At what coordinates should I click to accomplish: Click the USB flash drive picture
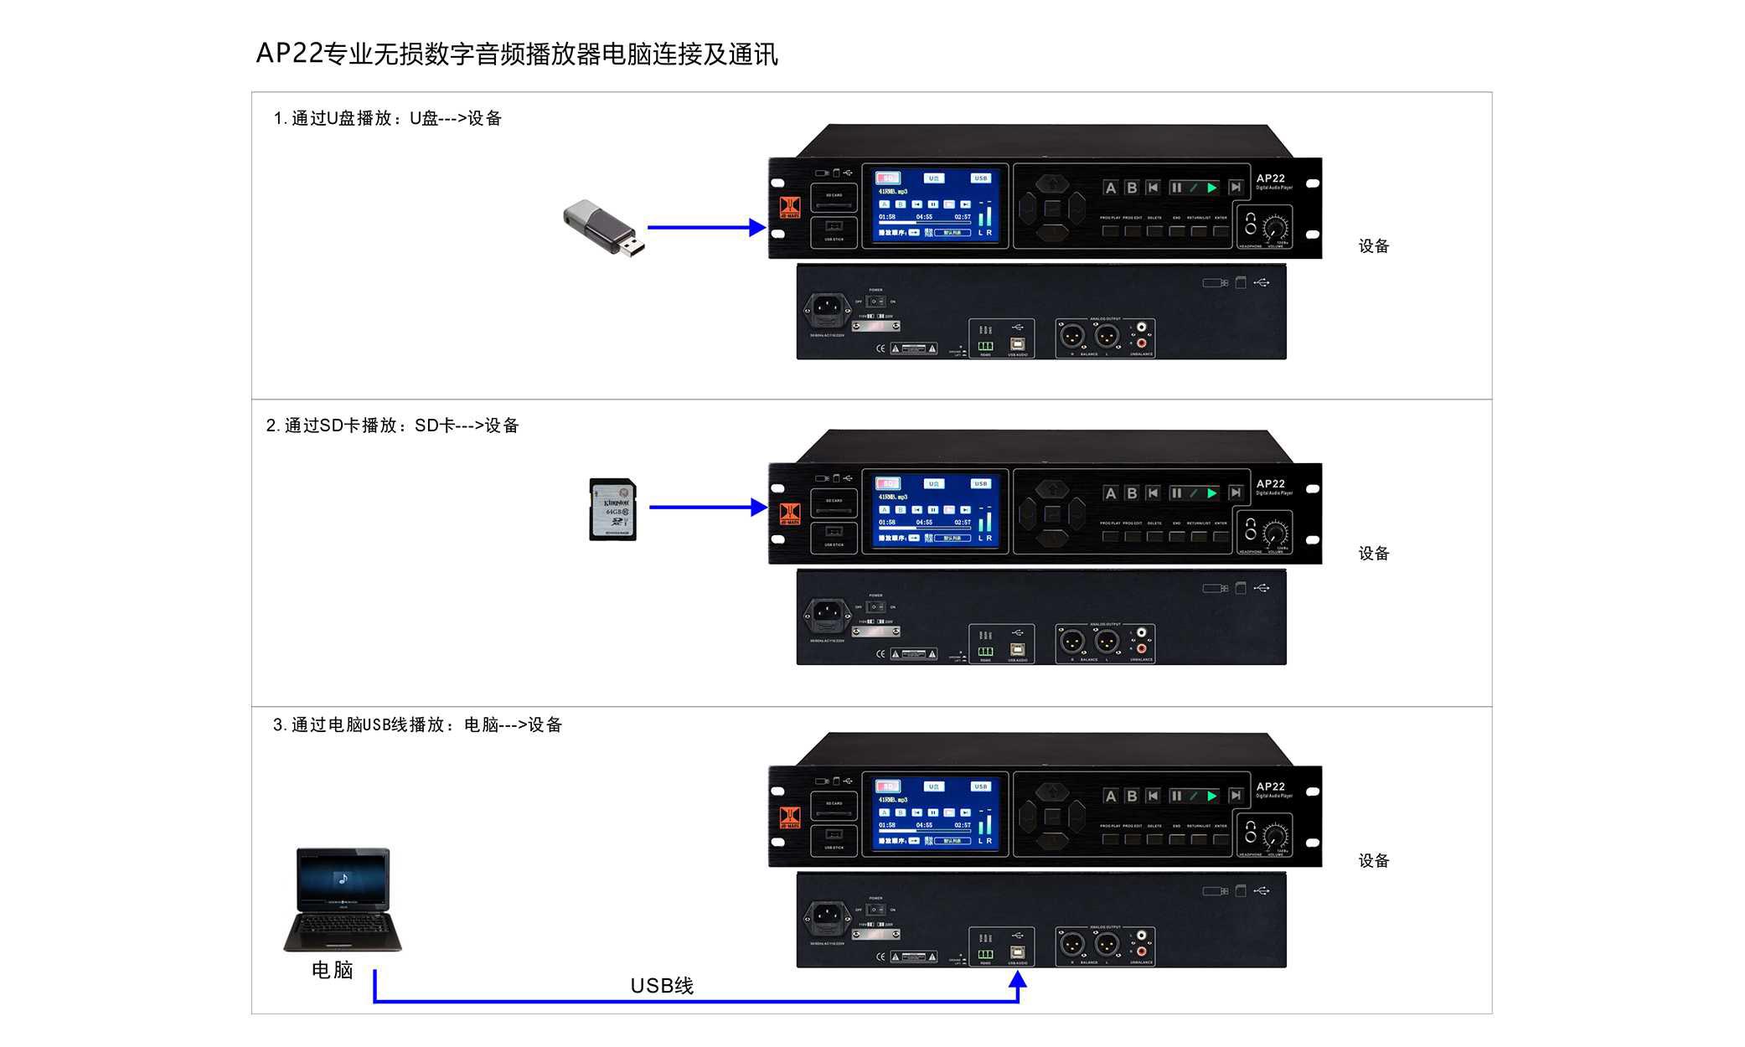point(604,227)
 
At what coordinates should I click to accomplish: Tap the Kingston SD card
point(613,509)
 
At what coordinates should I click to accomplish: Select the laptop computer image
point(343,900)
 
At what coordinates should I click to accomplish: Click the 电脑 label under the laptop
point(333,970)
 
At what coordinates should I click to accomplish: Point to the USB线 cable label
point(662,986)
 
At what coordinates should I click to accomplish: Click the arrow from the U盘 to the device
point(705,227)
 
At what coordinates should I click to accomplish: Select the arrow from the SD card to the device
point(707,507)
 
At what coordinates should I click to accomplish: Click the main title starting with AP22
point(517,54)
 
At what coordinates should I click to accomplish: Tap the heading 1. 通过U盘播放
point(388,118)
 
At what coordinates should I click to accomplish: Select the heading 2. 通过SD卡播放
point(393,426)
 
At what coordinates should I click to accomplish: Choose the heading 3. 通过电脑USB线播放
point(417,725)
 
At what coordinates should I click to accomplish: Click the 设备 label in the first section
point(1374,246)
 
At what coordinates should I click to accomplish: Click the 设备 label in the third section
point(1374,861)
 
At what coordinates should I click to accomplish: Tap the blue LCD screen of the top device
point(935,206)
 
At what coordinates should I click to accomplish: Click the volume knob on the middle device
point(1276,533)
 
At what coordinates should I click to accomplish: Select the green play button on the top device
point(1211,188)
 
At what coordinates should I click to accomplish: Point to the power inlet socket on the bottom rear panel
point(827,918)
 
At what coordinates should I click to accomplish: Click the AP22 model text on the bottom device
point(1270,787)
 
